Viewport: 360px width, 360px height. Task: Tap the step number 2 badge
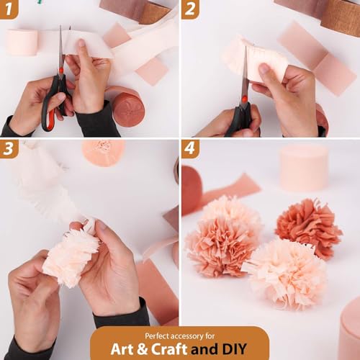(x=189, y=9)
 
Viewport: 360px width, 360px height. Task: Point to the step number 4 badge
(x=189, y=148)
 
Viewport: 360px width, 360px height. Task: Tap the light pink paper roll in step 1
(x=22, y=42)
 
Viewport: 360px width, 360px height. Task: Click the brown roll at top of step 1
(x=154, y=12)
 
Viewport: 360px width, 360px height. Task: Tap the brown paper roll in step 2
(x=340, y=16)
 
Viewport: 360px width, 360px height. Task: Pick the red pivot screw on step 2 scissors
(x=244, y=99)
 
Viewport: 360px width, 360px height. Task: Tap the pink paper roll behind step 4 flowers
(x=303, y=168)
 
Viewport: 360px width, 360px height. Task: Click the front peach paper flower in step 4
(x=285, y=272)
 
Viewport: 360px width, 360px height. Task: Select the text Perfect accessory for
(x=179, y=336)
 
